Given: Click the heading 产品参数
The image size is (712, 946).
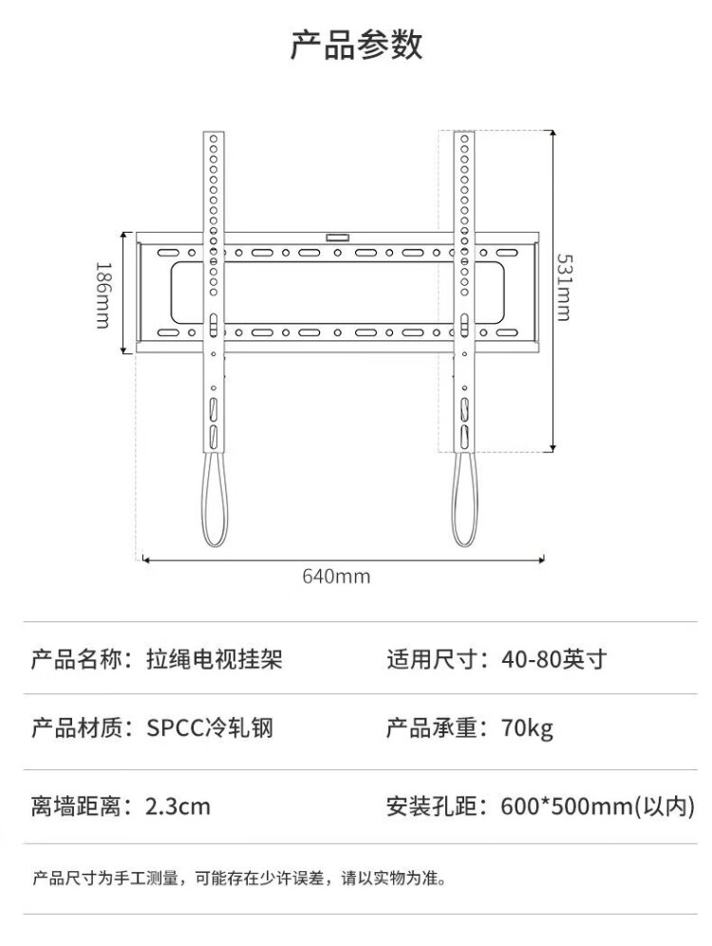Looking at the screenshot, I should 356,46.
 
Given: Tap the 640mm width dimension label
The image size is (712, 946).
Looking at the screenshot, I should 336,577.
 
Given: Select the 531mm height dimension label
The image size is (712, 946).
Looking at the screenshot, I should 563,287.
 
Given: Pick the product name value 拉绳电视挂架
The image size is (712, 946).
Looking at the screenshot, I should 215,658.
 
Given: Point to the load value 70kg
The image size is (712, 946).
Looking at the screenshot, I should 527,728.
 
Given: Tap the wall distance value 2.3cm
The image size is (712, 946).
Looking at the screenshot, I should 178,807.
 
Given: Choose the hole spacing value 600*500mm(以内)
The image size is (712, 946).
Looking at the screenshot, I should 598,807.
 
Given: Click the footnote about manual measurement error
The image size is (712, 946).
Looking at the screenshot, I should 238,878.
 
